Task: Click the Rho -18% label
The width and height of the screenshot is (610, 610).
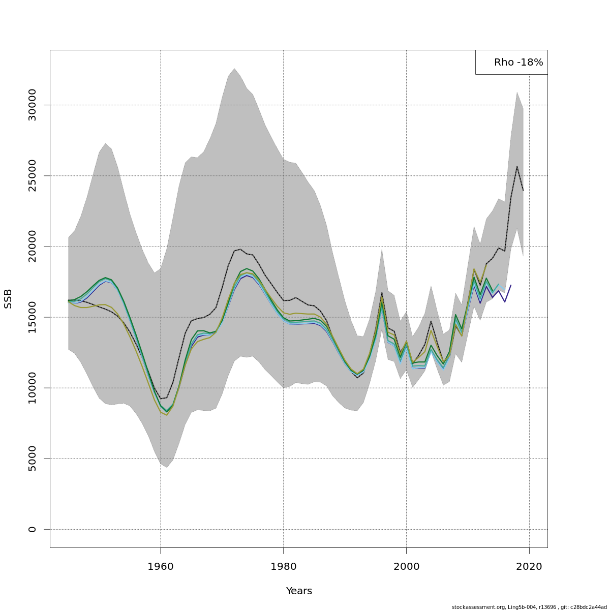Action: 518,63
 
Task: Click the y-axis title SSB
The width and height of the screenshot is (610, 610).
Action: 8,298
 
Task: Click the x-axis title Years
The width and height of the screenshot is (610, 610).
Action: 299,591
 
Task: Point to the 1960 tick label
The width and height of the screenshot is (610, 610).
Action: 161,566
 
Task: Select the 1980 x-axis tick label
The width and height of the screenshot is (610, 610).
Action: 283,566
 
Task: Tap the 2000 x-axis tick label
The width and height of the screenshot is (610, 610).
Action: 406,566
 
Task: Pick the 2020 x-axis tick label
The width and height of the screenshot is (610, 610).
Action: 529,566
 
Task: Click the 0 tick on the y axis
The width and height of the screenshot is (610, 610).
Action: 33,529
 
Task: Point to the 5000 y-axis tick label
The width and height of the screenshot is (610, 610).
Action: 33,459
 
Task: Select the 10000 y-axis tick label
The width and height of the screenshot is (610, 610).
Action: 33,388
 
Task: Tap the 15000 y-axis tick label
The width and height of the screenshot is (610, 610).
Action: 33,317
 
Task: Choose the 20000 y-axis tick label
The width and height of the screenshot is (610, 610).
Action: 33,247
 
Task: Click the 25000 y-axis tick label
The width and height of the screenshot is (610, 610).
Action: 33,176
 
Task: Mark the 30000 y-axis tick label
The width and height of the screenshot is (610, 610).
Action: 33,105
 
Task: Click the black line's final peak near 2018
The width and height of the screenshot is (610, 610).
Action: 517,166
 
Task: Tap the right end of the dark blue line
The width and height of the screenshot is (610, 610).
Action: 511,285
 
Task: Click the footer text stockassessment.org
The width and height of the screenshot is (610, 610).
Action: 472,607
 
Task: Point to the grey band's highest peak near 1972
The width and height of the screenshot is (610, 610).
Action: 234,69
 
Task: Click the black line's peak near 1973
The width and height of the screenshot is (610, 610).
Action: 240,249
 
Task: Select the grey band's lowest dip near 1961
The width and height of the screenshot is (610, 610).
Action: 167,467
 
